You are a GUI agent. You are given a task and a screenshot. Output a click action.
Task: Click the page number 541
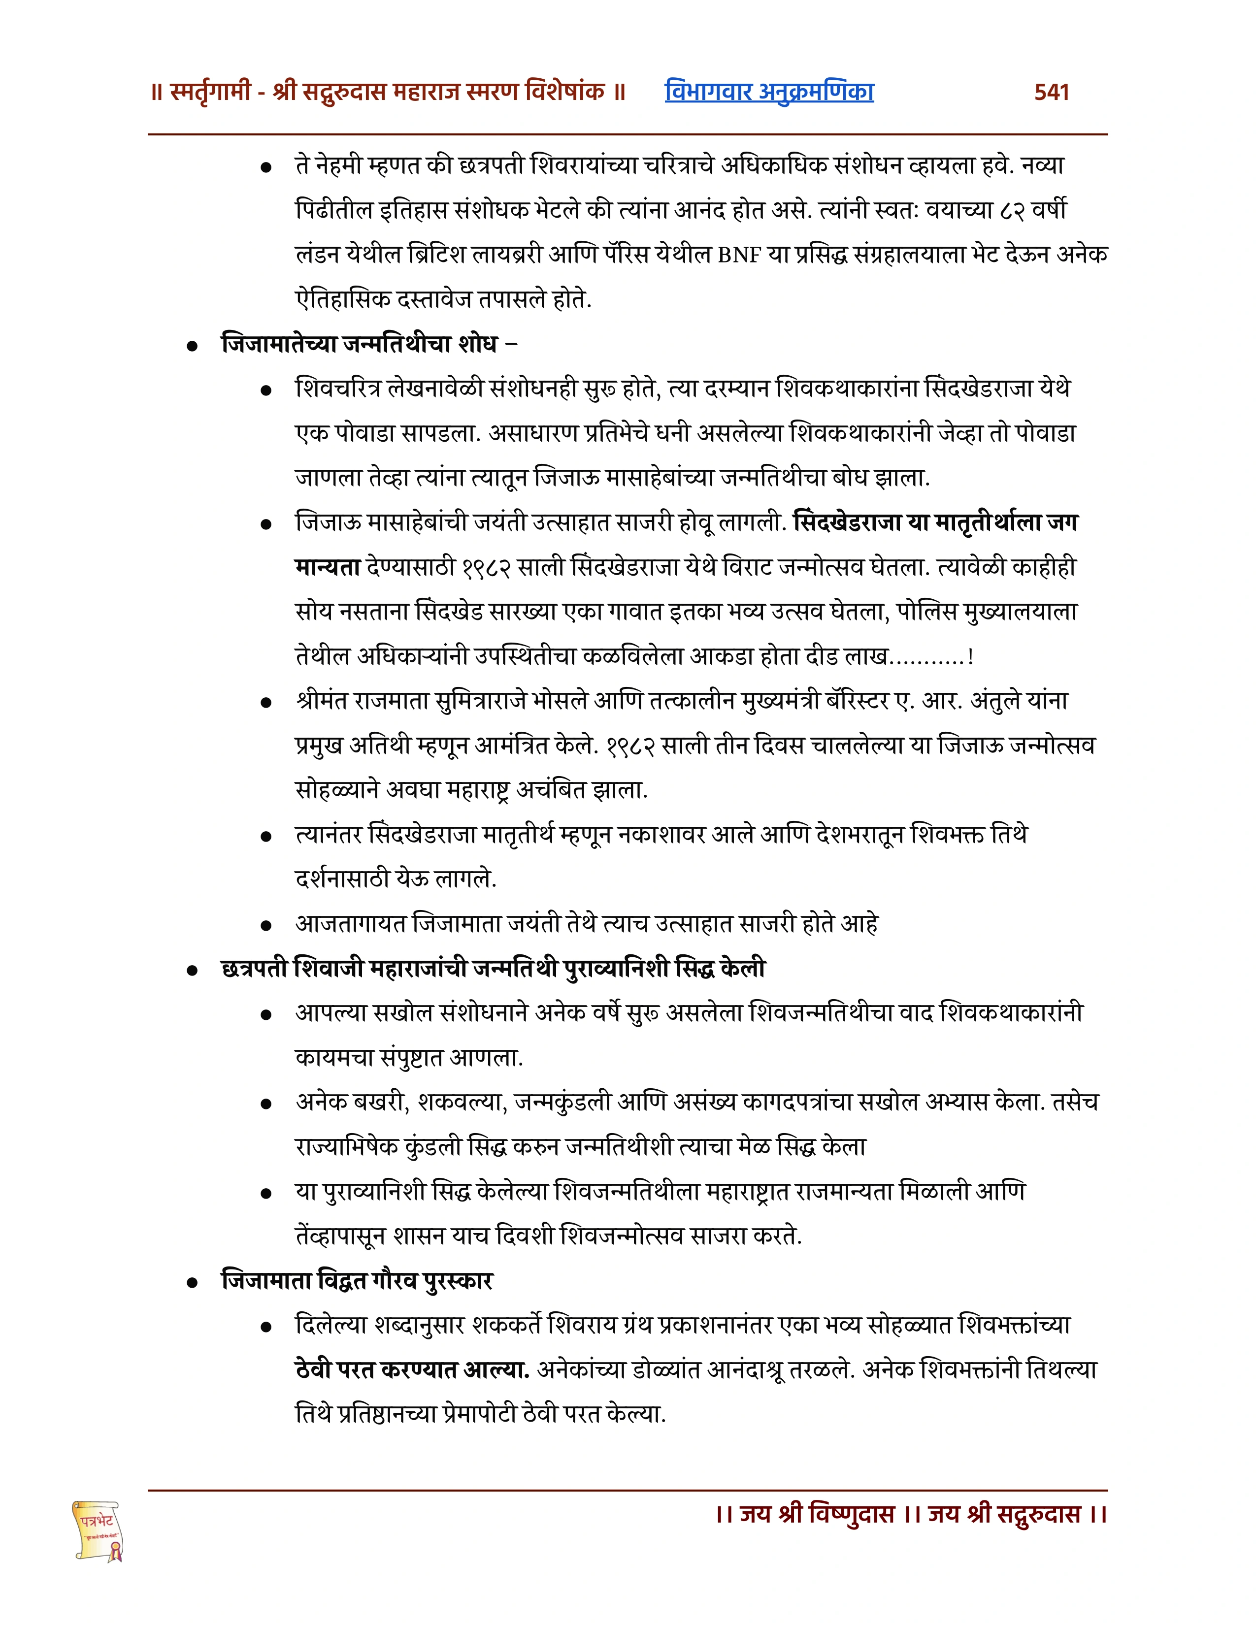pyautogui.click(x=1052, y=92)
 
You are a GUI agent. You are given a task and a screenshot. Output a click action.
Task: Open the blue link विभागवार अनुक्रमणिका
pyautogui.click(x=769, y=92)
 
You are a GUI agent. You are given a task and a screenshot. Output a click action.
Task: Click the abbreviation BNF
pyautogui.click(x=740, y=255)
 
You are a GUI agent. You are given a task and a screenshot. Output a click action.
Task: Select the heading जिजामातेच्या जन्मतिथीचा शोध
pyautogui.click(x=360, y=345)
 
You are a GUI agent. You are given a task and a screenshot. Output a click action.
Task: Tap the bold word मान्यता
pyautogui.click(x=328, y=568)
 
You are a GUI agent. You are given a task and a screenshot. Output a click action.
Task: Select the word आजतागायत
pyautogui.click(x=351, y=924)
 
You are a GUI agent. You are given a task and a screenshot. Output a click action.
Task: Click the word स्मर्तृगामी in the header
pyautogui.click(x=211, y=92)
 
